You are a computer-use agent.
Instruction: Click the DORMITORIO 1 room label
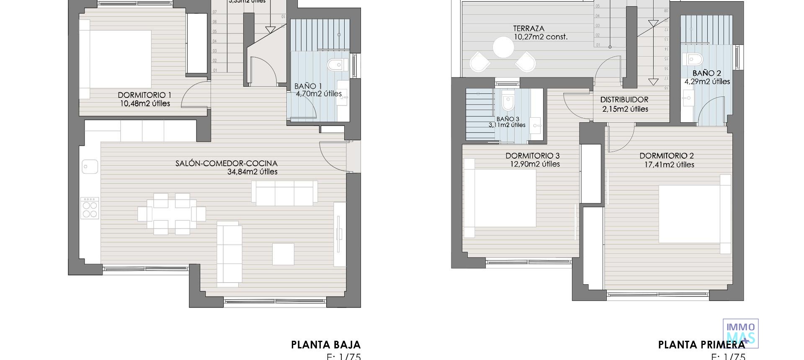[x=144, y=95]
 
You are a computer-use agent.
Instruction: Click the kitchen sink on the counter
[x=90, y=167]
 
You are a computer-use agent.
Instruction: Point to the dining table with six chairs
[x=171, y=214]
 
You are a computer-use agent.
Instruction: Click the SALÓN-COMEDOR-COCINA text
[x=226, y=164]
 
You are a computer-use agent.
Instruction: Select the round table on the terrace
[x=503, y=47]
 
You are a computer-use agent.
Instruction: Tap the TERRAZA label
[x=528, y=29]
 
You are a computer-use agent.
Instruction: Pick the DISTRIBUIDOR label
[x=624, y=100]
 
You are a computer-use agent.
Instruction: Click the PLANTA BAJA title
[x=325, y=345]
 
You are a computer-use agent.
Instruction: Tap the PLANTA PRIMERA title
[x=701, y=345]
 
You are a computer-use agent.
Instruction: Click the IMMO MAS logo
[x=740, y=333]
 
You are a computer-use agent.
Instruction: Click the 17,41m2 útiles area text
[x=669, y=165]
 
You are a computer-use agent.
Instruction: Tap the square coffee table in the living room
[x=283, y=254]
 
